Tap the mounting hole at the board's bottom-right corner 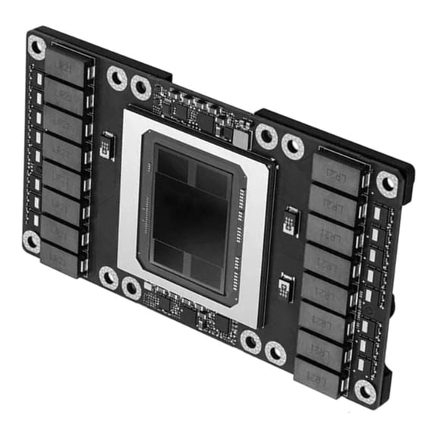(366, 391)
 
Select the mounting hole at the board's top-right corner (387, 183)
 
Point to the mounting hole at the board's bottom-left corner (32, 241)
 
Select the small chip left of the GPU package (107, 144)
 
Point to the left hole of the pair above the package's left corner (117, 77)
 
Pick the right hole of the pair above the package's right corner (293, 146)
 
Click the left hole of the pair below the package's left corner (108, 278)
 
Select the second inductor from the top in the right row (332, 200)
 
